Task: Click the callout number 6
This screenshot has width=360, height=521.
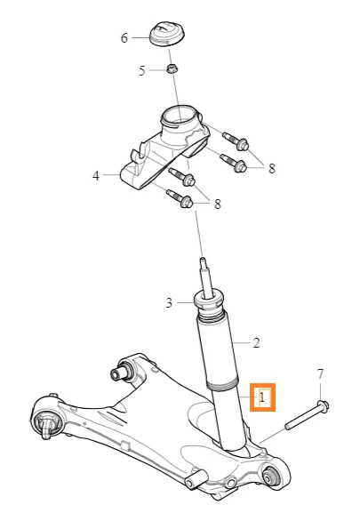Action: point(124,38)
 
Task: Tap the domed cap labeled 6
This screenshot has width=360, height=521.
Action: point(166,34)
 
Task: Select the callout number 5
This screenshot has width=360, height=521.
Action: point(142,71)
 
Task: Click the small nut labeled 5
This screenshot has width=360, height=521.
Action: point(172,69)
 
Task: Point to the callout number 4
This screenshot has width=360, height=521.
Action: point(96,175)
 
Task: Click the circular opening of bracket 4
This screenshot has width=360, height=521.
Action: point(177,116)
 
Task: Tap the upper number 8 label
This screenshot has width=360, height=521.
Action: point(272,168)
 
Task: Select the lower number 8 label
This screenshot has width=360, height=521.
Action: point(218,204)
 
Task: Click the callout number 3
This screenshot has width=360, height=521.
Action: point(169,302)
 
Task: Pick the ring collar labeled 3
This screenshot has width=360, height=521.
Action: point(208,301)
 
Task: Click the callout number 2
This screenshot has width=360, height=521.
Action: point(256,342)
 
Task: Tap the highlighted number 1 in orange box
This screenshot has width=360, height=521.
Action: point(262,397)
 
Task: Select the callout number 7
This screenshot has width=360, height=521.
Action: point(320,374)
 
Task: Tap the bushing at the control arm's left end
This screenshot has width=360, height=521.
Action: point(46,422)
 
